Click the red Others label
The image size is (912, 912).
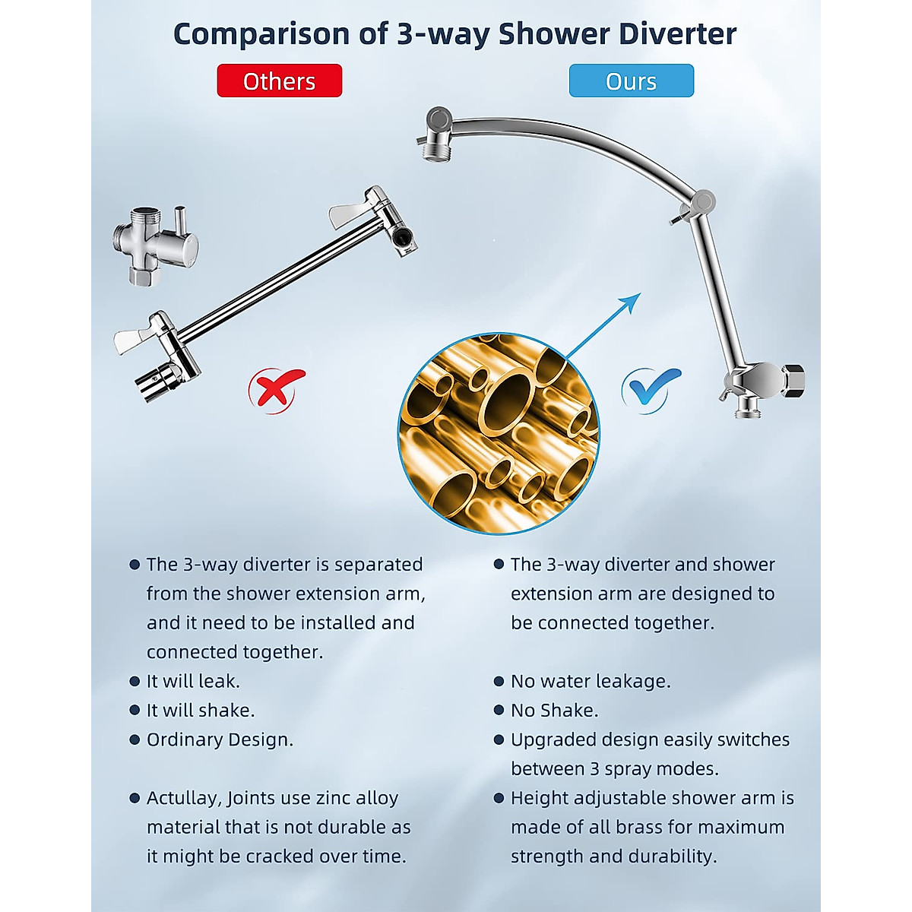(279, 81)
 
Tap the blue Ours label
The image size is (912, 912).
(631, 81)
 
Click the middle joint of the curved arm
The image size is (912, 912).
(700, 204)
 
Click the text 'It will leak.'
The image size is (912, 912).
(193, 681)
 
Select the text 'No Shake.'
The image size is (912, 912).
(554, 710)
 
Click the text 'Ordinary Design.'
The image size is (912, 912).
(220, 739)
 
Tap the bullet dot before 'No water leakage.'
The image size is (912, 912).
(499, 681)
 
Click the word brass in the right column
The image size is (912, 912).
(614, 827)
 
